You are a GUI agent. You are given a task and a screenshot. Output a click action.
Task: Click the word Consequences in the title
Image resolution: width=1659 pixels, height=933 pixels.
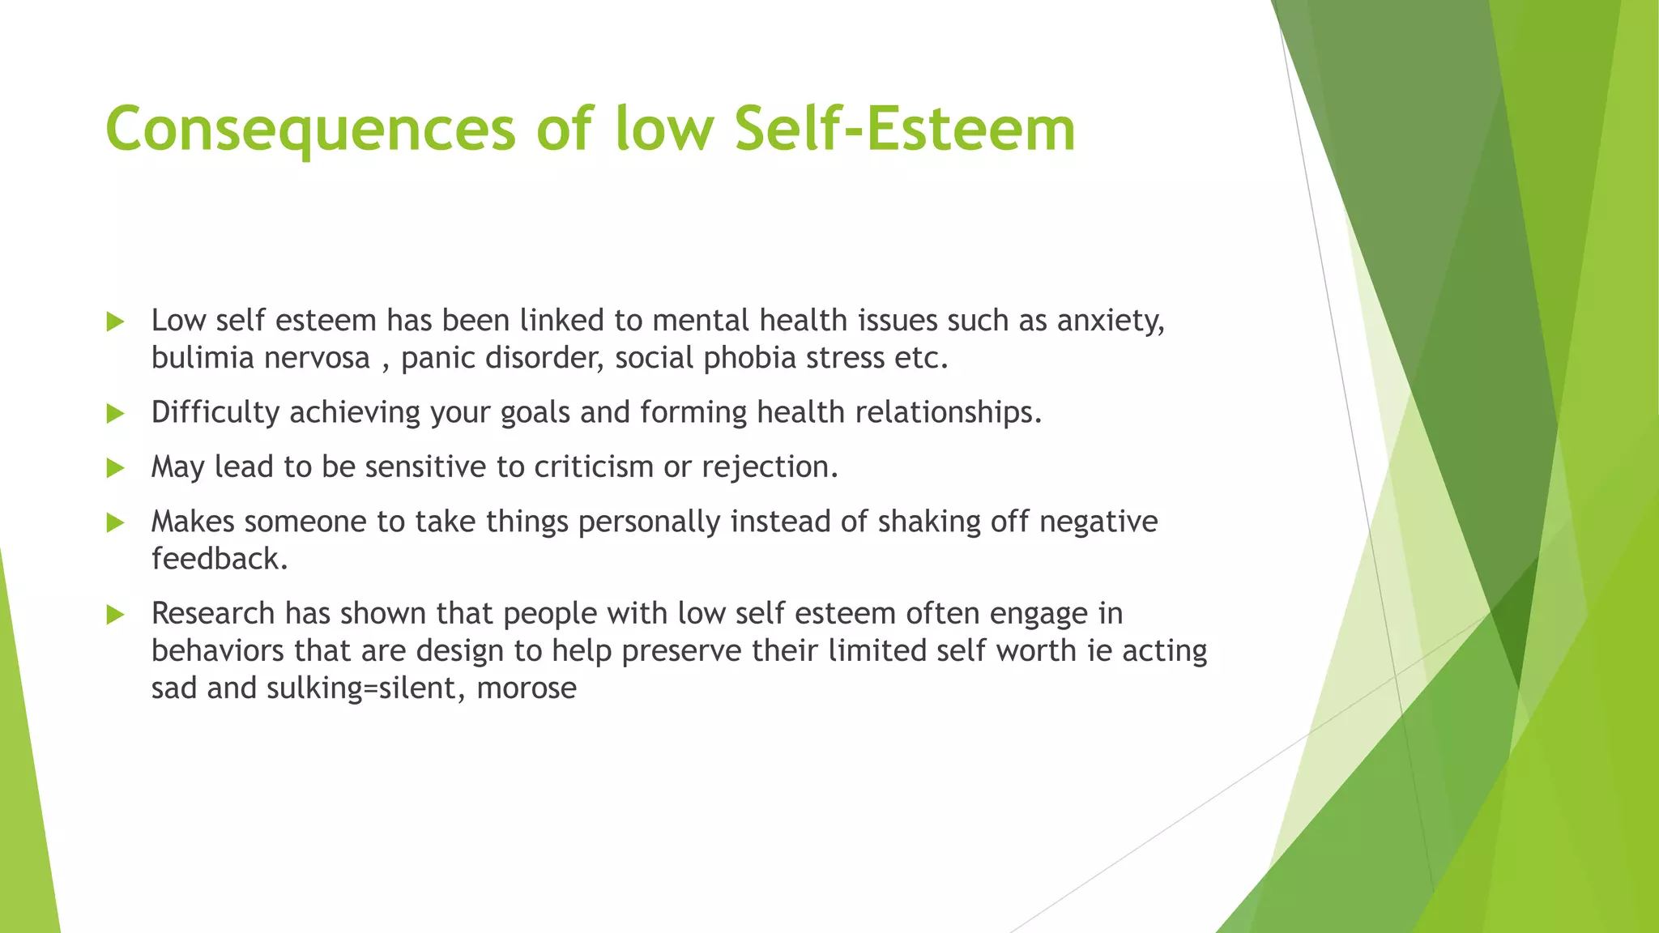310,130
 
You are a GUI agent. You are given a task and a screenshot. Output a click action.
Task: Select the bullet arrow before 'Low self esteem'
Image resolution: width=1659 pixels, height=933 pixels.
115,322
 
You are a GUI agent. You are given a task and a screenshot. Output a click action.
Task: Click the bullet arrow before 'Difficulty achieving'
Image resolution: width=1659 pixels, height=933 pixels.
115,415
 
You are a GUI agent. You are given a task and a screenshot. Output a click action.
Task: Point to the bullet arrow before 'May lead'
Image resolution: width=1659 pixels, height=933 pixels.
115,468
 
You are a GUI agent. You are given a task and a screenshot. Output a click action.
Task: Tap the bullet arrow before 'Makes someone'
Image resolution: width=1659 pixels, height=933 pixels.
115,523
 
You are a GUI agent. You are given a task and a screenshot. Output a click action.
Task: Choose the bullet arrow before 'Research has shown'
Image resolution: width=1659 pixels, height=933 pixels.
115,616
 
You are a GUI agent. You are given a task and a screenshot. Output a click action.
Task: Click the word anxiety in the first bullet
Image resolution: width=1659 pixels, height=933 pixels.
1111,322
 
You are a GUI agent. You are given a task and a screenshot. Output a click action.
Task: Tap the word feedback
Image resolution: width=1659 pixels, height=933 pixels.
219,559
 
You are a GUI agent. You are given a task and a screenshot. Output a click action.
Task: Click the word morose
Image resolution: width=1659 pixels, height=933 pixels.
527,688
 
